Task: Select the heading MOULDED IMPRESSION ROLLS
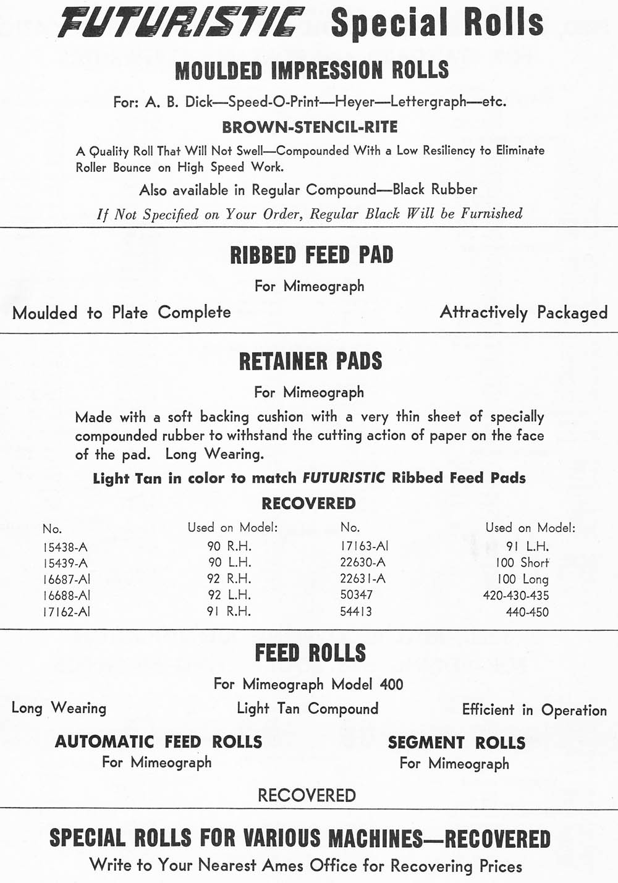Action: [x=311, y=70]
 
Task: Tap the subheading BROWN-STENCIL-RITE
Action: [x=310, y=127]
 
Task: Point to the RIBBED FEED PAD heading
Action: [x=311, y=255]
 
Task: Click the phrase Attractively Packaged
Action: [x=523, y=313]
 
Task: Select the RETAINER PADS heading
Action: [x=310, y=361]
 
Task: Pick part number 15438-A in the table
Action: [x=65, y=547]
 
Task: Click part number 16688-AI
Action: [x=67, y=596]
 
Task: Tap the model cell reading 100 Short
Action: [x=522, y=563]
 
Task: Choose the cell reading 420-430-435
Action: [x=515, y=596]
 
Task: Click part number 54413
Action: [x=356, y=612]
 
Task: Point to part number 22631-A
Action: [x=363, y=579]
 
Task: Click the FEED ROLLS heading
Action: [x=310, y=653]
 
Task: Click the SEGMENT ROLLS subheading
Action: [x=456, y=743]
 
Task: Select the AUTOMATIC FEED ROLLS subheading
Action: [x=158, y=741]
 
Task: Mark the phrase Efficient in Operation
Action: [x=534, y=710]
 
